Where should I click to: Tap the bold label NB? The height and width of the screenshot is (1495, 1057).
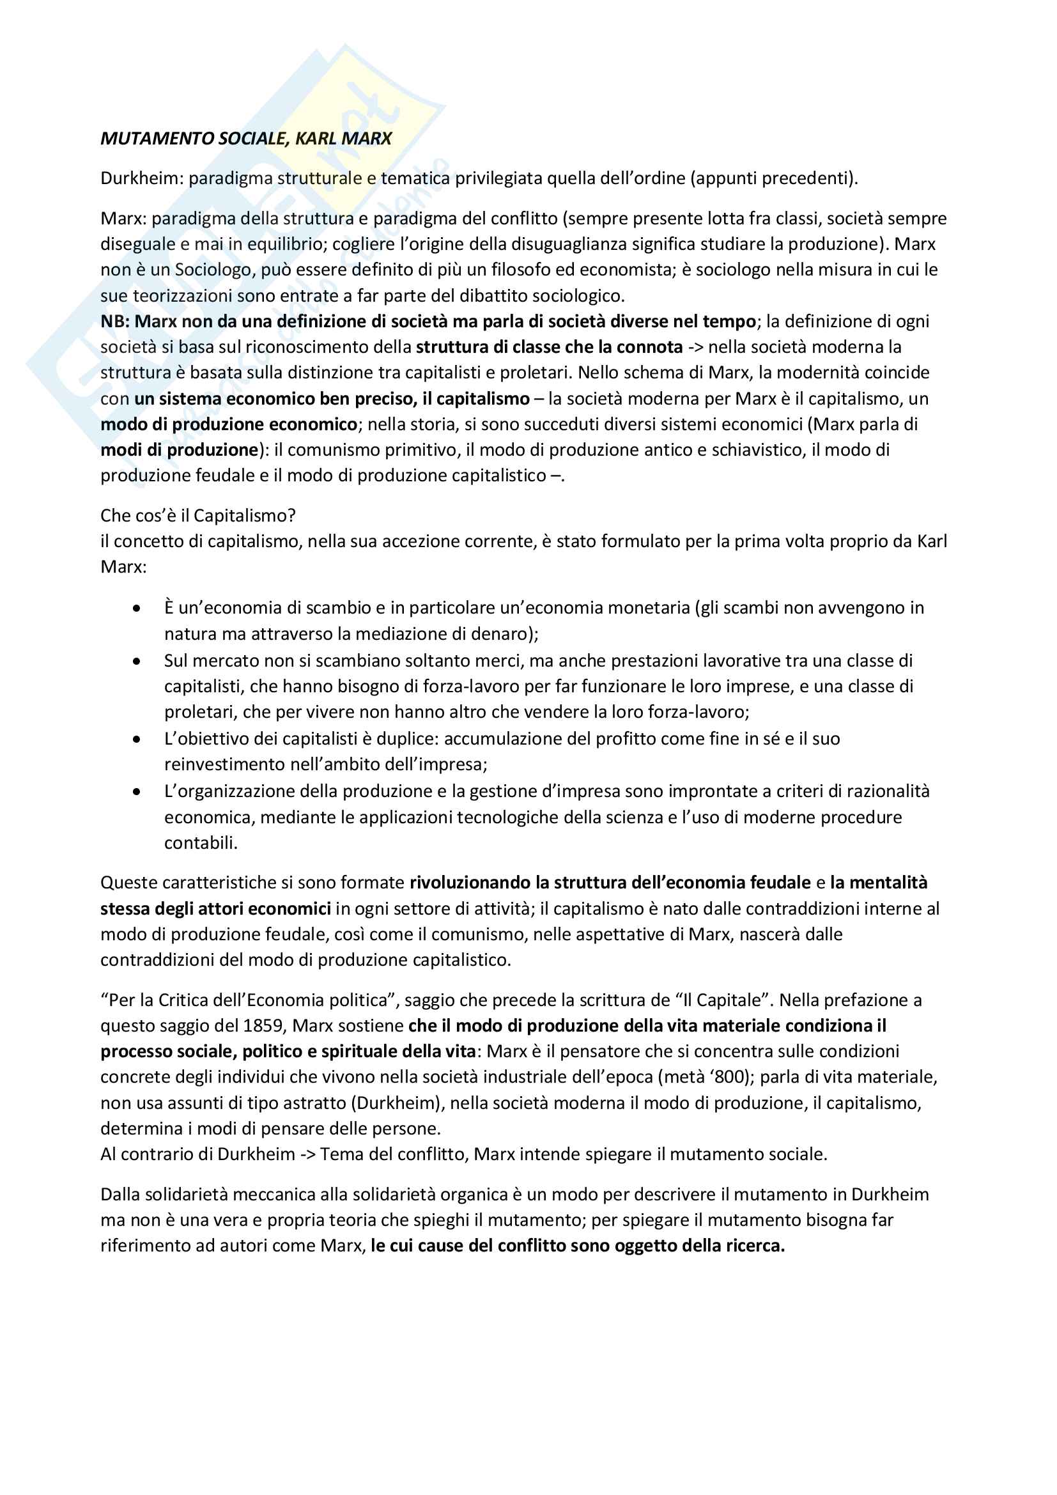(x=115, y=321)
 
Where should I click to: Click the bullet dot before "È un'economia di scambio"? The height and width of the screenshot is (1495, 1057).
(x=137, y=608)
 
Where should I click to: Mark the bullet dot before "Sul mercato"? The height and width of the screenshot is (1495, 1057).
(x=137, y=661)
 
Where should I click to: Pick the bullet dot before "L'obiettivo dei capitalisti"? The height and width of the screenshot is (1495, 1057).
(x=137, y=739)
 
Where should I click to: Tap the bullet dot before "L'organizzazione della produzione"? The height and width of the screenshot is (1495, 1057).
(x=137, y=792)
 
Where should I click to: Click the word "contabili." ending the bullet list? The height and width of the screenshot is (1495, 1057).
(x=201, y=843)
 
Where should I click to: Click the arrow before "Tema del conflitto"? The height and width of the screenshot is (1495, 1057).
(x=307, y=1154)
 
